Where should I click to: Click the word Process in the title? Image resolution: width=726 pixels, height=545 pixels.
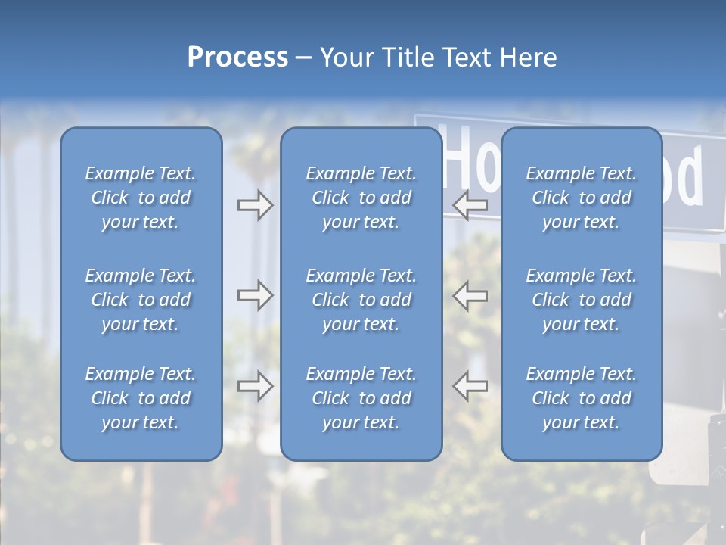pyautogui.click(x=237, y=58)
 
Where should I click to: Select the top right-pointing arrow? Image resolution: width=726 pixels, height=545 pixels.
pyautogui.click(x=255, y=205)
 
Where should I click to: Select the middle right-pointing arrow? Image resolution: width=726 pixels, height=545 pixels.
pyautogui.click(x=255, y=295)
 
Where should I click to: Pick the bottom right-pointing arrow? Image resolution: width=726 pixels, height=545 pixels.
pyautogui.click(x=255, y=386)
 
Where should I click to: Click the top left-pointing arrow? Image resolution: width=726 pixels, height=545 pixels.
pyautogui.click(x=470, y=205)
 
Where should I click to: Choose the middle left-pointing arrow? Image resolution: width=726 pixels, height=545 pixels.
pyautogui.click(x=470, y=295)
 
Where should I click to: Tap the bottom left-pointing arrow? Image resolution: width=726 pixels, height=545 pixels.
pyautogui.click(x=470, y=386)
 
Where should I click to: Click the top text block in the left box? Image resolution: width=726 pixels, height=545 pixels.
pyautogui.click(x=141, y=198)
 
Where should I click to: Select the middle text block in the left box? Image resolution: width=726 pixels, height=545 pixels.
pyautogui.click(x=141, y=300)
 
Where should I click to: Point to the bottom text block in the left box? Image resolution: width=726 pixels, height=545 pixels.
pyautogui.click(x=141, y=398)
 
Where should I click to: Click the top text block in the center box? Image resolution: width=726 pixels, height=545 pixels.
pyautogui.click(x=361, y=198)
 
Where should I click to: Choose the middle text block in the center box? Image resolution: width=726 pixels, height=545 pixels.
pyautogui.click(x=361, y=300)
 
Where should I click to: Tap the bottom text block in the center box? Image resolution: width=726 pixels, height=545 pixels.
pyautogui.click(x=361, y=398)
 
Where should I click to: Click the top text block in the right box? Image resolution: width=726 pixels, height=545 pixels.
pyautogui.click(x=581, y=198)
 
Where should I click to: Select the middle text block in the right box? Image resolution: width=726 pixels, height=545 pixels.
pyautogui.click(x=581, y=300)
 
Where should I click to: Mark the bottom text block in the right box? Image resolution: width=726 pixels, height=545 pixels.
pyautogui.click(x=581, y=398)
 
